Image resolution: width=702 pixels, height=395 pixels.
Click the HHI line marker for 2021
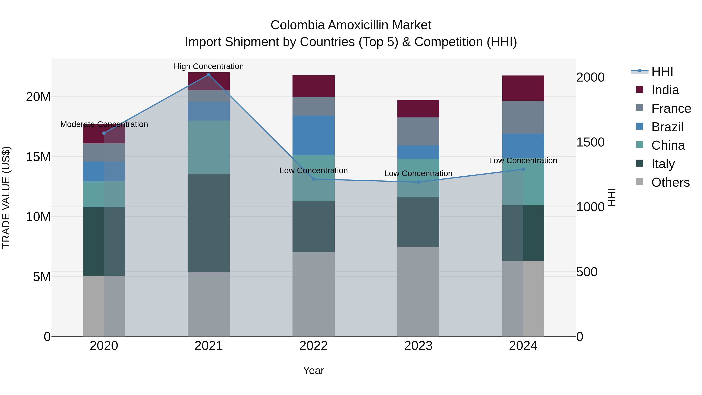point(209,75)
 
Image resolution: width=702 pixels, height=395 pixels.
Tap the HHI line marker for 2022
point(313,179)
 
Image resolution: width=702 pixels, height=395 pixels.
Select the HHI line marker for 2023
point(418,182)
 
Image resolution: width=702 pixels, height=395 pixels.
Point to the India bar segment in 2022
point(313,86)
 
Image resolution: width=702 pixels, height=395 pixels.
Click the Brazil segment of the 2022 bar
point(313,135)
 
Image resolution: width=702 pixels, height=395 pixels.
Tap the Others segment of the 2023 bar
point(418,291)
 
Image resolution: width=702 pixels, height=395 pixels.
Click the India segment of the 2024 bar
point(523,88)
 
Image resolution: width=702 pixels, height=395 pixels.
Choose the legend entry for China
point(668,145)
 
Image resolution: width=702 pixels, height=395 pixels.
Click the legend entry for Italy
point(663,164)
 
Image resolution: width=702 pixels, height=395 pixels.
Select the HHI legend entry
point(662,71)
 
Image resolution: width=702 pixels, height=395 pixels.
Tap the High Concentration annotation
point(209,66)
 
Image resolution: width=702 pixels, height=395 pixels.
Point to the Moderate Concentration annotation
point(104,124)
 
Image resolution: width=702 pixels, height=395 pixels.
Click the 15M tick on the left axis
point(38,157)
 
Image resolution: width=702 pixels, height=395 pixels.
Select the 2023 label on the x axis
point(418,346)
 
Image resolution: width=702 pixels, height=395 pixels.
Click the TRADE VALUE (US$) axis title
point(6,197)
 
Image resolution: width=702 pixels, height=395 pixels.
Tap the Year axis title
point(313,370)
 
